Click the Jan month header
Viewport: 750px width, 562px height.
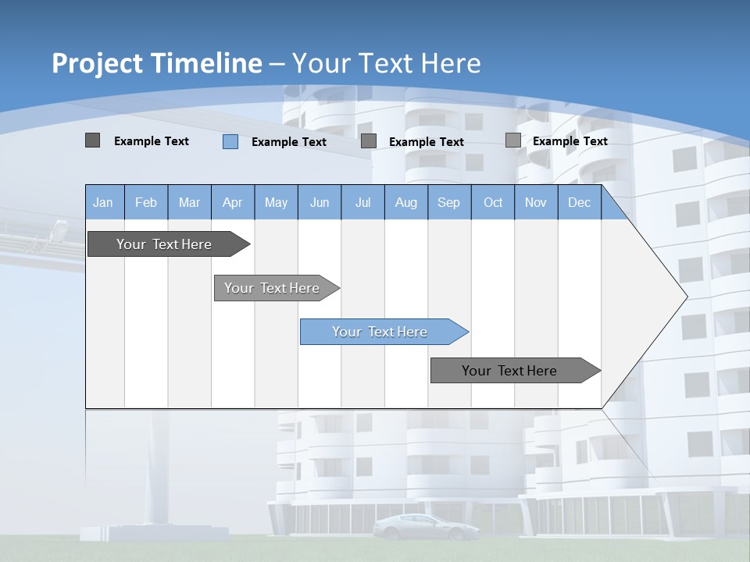103,203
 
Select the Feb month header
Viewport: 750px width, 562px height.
146,203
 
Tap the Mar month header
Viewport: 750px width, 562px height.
189,203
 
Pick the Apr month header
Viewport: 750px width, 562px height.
233,203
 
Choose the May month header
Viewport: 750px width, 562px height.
276,203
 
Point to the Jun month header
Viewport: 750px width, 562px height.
320,203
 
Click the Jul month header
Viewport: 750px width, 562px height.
362,203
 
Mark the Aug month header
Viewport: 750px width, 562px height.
406,203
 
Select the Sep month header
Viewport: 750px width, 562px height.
449,203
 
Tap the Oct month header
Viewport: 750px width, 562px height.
493,203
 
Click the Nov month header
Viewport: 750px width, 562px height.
536,203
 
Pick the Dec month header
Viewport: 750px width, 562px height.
580,203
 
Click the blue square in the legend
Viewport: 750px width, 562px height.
230,141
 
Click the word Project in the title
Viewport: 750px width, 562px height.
97,63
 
